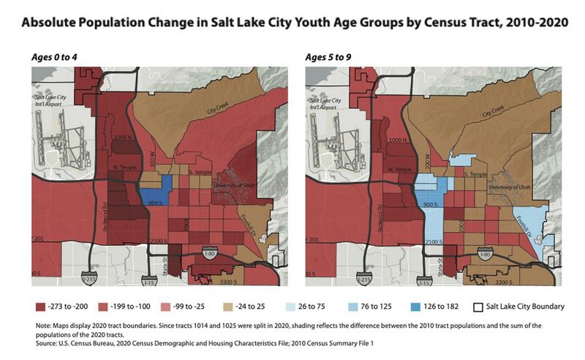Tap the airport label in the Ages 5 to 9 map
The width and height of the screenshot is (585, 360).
(x=327, y=102)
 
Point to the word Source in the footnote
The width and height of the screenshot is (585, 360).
(x=46, y=342)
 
